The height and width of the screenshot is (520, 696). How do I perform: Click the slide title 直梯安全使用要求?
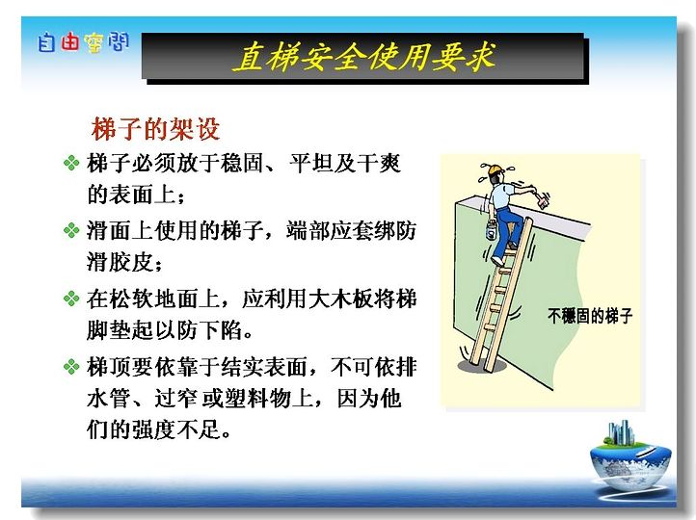[x=364, y=57]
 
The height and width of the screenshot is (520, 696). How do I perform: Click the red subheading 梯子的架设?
[x=156, y=129]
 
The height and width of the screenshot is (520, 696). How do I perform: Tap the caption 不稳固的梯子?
[x=590, y=316]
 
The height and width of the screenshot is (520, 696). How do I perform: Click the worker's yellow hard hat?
[x=495, y=169]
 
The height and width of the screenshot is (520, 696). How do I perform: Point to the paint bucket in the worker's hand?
[x=492, y=229]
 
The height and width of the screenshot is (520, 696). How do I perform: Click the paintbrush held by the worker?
[x=543, y=199]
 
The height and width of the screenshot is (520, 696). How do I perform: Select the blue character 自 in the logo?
[x=46, y=43]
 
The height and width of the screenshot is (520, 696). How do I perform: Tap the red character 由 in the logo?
[x=70, y=42]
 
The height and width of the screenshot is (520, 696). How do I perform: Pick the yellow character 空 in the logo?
[x=94, y=43]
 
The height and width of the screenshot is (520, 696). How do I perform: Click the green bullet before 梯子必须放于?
[x=71, y=163]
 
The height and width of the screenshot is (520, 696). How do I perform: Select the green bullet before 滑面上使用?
[x=71, y=230]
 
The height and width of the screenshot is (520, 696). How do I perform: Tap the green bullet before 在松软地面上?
[x=71, y=299]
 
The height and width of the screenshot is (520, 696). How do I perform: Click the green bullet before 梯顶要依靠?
[x=71, y=367]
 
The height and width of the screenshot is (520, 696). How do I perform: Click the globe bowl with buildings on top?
[x=629, y=462]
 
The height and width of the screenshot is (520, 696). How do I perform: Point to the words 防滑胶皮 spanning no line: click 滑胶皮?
[x=123, y=262]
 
